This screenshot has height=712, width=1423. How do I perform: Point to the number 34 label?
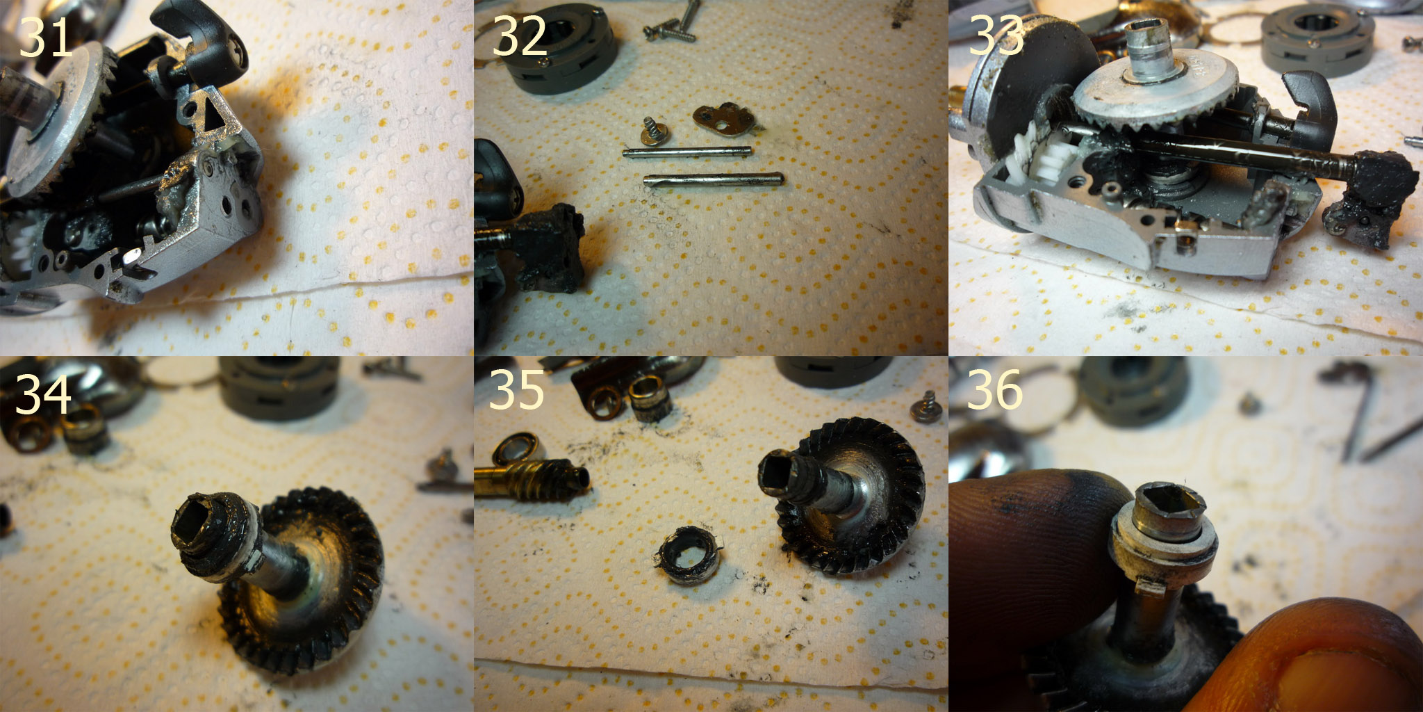pyautogui.click(x=43, y=394)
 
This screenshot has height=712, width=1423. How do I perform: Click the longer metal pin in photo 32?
pyautogui.click(x=714, y=179)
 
